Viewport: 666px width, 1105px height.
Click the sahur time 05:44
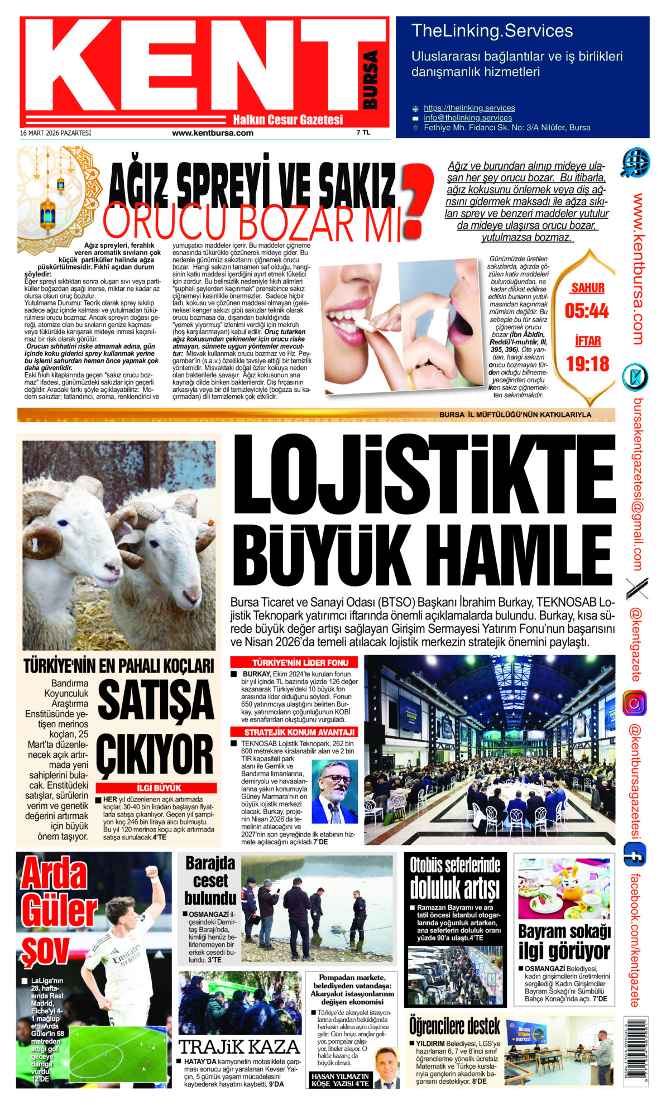coord(586,311)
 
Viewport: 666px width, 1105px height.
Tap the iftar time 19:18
coord(587,364)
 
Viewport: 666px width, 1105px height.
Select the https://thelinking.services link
coord(469,108)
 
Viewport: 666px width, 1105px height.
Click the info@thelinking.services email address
coord(467,118)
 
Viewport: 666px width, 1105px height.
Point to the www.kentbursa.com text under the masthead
coord(212,133)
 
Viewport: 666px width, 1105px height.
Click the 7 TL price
coord(363,133)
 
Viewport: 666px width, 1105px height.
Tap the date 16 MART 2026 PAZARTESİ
coord(55,133)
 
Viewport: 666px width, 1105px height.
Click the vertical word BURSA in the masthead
coord(370,79)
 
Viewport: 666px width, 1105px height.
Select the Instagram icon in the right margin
coord(634,703)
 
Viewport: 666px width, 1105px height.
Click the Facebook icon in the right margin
coord(635,854)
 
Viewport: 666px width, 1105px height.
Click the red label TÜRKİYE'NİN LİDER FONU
coord(294,662)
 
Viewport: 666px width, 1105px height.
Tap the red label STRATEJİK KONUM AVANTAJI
coord(294,732)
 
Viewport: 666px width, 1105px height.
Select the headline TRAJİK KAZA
coord(239,1046)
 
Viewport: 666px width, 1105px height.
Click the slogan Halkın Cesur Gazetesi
coord(288,119)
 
